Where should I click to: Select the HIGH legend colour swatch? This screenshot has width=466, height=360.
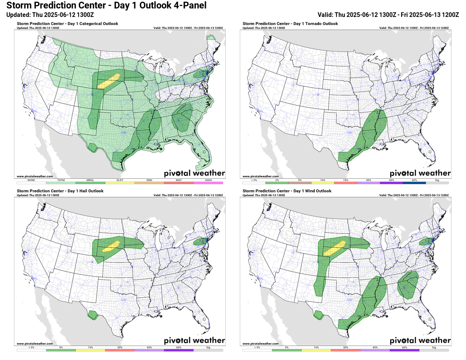click(x=208, y=183)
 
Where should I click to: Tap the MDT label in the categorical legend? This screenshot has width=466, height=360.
click(x=179, y=180)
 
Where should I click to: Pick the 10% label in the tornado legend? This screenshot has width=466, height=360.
click(x=322, y=180)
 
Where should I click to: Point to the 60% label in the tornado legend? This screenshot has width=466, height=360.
click(x=414, y=180)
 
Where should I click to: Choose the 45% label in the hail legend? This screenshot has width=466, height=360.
click(x=149, y=347)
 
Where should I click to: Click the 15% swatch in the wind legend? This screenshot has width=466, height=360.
click(x=316, y=350)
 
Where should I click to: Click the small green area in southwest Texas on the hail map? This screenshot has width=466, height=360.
click(x=92, y=315)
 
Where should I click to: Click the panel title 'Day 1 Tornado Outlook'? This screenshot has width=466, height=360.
click(x=290, y=24)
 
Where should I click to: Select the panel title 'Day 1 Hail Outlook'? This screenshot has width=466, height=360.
click(x=60, y=191)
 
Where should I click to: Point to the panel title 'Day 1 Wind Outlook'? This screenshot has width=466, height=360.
click(x=286, y=191)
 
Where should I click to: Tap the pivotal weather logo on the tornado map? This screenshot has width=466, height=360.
click(x=420, y=173)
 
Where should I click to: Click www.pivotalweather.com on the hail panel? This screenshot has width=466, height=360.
click(x=35, y=343)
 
